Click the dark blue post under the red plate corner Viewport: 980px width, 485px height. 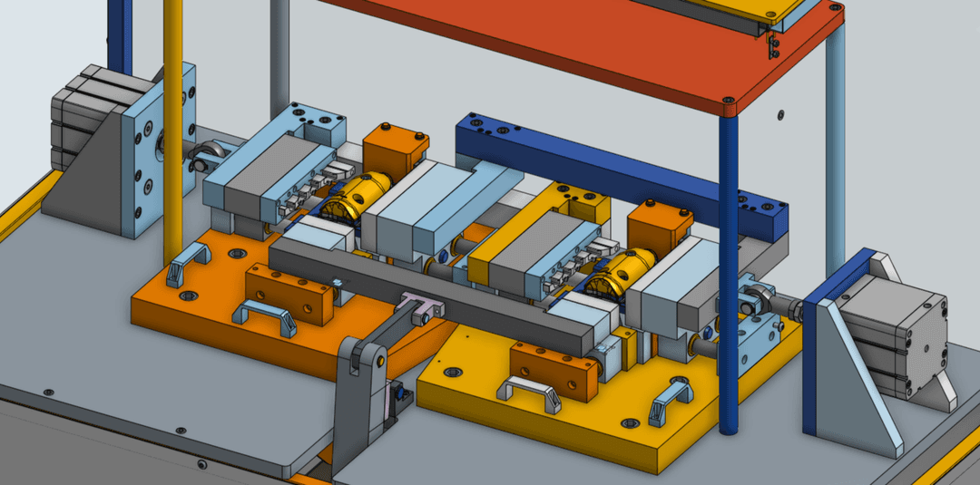(728, 272)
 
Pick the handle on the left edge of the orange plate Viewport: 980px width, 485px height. (188, 264)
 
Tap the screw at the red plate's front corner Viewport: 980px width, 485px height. (726, 100)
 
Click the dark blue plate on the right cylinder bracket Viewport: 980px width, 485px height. (821, 354)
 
